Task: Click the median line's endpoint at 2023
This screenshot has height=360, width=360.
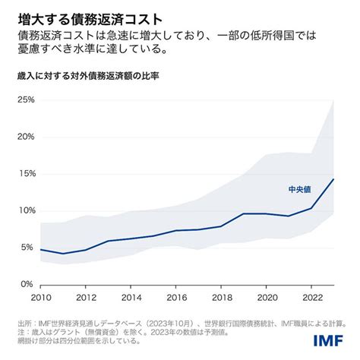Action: point(333,179)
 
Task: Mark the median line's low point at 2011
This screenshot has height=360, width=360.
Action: point(63,254)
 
